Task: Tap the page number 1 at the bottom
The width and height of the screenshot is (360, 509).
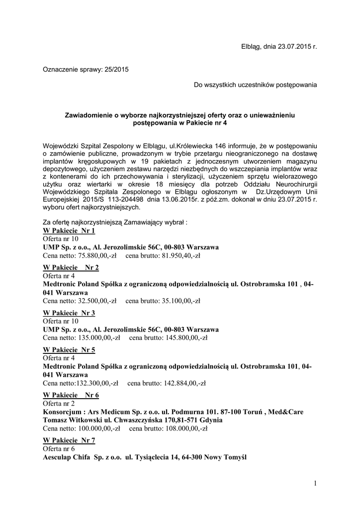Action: click(315, 483)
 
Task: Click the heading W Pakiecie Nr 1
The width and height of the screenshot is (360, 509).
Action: click(69, 231)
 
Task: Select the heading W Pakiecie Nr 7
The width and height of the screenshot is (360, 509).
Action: click(69, 440)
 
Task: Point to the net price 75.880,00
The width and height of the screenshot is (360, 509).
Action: click(94, 255)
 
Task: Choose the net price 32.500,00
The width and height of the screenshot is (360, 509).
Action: click(94, 301)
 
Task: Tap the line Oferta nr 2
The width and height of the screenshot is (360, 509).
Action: click(59, 404)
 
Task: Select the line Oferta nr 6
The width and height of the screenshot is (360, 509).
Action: click(59, 449)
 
